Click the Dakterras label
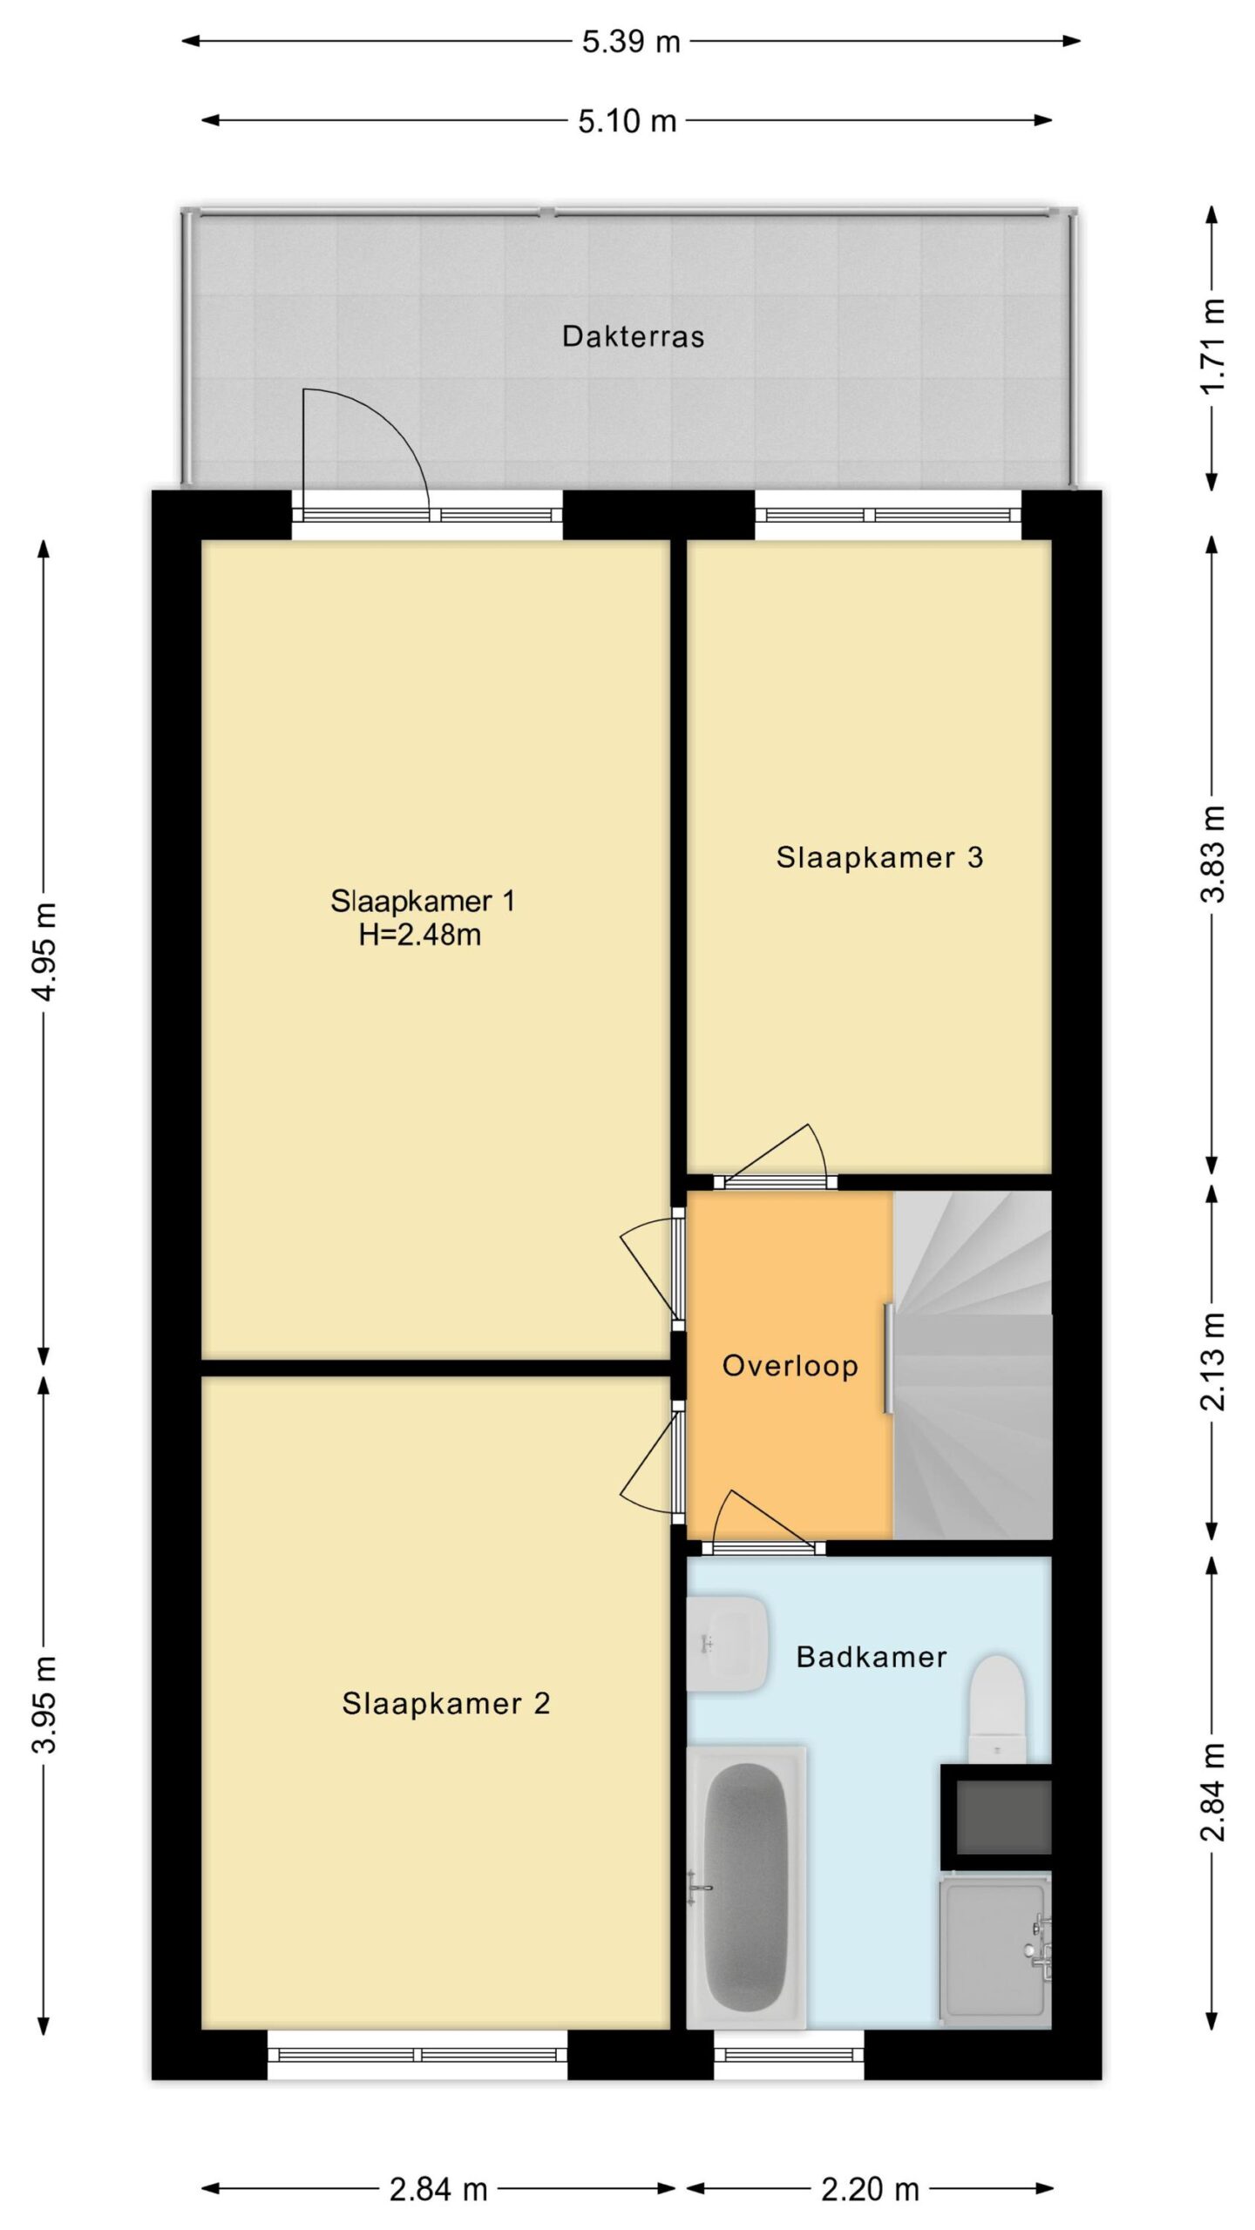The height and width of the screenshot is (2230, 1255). coord(633,336)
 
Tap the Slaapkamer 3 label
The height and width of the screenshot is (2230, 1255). coord(879,857)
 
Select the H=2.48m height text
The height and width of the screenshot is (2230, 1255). coord(420,935)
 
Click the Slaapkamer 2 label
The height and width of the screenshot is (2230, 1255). coord(445,1703)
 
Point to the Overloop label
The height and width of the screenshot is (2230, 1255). coord(790,1365)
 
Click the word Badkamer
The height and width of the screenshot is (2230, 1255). coord(872,1656)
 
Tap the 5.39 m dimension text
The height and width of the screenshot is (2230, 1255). coord(631,41)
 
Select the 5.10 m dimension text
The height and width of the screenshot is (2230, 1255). coord(627,120)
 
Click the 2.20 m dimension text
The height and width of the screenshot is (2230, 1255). coord(870,2189)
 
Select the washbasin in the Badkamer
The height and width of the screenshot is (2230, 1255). coord(727,1644)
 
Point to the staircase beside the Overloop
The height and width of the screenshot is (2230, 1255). coord(973,1365)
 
